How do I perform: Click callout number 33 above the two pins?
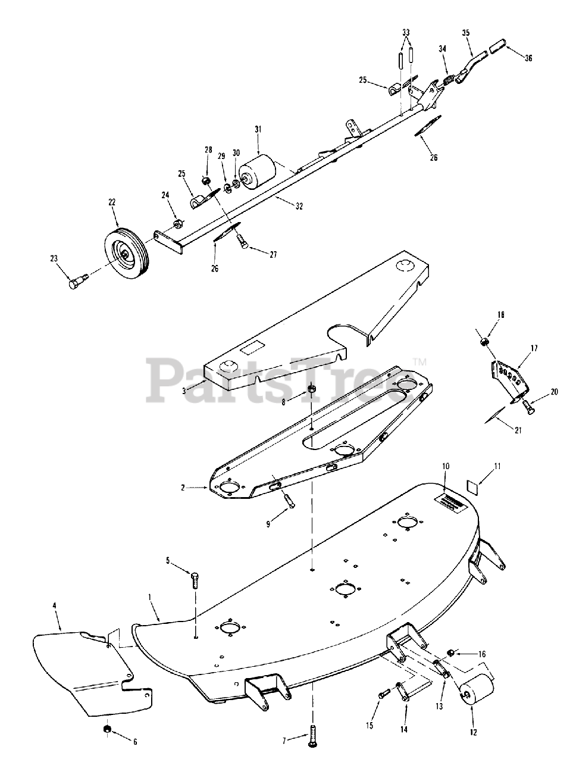coord(406,32)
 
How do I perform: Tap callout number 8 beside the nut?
coord(284,402)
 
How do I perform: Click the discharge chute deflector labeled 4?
coord(83,673)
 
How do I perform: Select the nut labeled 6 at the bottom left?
coord(107,729)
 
